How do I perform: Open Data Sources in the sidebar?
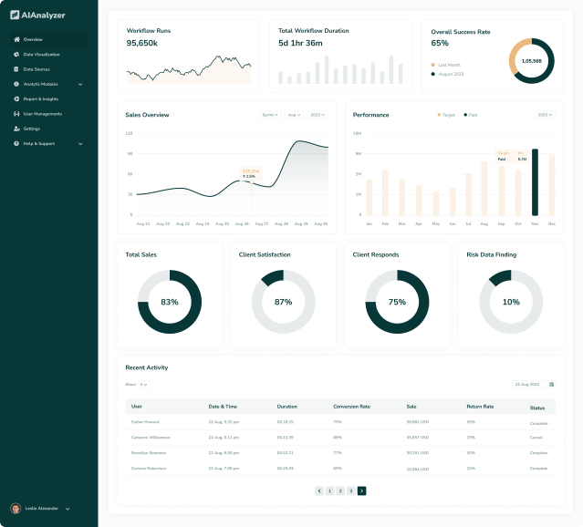(36, 69)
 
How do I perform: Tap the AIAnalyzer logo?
(37, 15)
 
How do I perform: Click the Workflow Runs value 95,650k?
(142, 43)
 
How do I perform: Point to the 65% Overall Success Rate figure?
(440, 43)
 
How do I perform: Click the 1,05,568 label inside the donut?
(531, 61)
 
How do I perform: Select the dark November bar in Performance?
(535, 182)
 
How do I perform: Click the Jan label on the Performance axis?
(369, 223)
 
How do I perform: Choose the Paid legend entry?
(472, 115)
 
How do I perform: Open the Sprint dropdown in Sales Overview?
(270, 115)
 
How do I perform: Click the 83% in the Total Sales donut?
(170, 302)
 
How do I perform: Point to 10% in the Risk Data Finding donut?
(511, 302)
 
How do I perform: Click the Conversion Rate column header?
(351, 406)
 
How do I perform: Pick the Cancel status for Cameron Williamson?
(536, 438)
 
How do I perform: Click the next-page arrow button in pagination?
(361, 491)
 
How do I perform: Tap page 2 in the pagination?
(339, 491)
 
